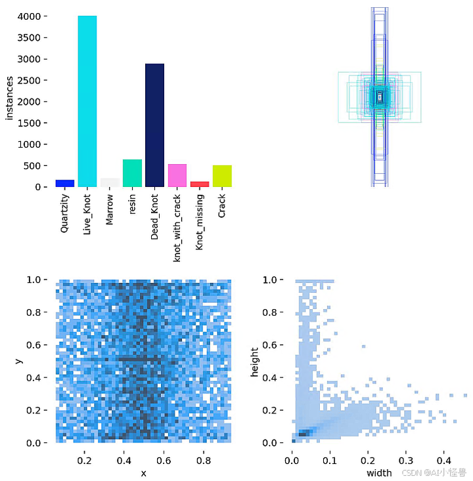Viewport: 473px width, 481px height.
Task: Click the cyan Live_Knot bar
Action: (x=87, y=102)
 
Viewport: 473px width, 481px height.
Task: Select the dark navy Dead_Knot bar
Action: (x=154, y=125)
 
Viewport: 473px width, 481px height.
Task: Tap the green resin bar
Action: (x=132, y=173)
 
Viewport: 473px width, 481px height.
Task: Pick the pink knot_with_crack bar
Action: (x=177, y=175)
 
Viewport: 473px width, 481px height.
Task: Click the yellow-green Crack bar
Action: (x=222, y=176)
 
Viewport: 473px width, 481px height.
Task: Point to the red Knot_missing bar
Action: (x=199, y=184)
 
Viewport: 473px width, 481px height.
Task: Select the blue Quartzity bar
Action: (x=65, y=183)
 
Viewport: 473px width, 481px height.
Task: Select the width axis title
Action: (x=379, y=472)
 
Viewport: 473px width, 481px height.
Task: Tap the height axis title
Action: (x=256, y=361)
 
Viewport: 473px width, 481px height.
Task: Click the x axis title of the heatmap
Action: (x=143, y=474)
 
